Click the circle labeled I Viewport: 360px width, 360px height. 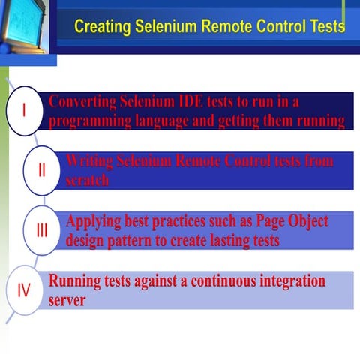coord(24,111)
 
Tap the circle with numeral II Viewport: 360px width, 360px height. coord(42,169)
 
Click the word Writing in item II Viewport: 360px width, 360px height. coord(89,161)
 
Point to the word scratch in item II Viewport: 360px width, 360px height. coord(87,180)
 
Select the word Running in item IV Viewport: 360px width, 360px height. coord(74,282)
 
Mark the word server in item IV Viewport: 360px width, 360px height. coord(67,300)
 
